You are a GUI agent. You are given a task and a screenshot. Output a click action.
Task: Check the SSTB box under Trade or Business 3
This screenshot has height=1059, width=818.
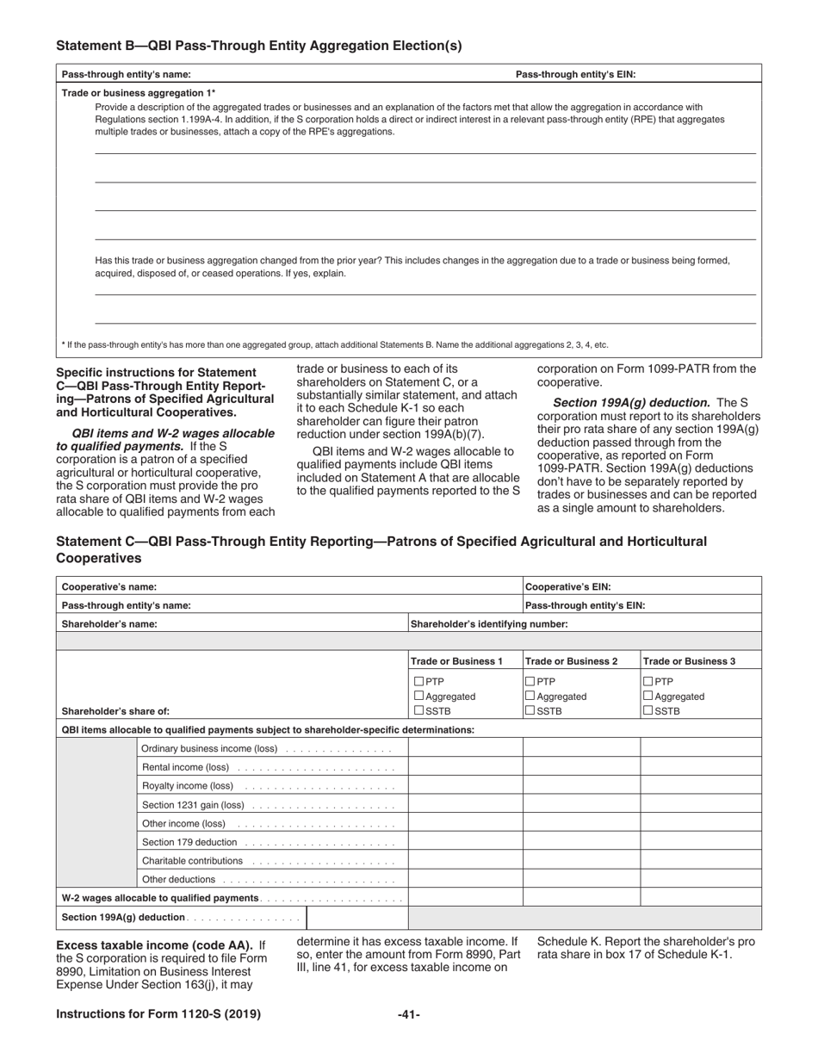[x=648, y=711]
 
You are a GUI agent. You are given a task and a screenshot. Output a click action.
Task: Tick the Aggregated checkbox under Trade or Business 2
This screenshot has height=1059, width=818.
[x=530, y=697]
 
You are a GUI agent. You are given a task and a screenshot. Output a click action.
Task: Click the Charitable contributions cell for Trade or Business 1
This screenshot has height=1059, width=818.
[x=465, y=861]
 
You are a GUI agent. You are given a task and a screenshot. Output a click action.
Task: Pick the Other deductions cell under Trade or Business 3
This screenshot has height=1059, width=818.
[x=700, y=879]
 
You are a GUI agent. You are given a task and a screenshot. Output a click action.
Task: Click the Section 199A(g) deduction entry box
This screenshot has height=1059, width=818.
[x=356, y=918]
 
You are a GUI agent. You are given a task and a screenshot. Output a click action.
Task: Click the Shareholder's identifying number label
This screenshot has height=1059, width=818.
[x=489, y=624]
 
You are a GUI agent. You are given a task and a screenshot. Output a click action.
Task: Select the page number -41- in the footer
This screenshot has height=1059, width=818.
[x=409, y=1015]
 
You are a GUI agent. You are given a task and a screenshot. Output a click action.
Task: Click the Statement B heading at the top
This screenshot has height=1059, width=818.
[x=258, y=46]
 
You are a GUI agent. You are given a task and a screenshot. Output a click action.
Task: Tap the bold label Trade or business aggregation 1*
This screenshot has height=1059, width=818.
[x=139, y=93]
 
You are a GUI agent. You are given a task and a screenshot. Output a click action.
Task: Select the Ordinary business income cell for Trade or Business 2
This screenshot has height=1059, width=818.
[x=581, y=748]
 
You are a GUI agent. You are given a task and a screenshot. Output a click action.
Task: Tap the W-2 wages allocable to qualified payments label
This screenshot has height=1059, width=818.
[x=160, y=898]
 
